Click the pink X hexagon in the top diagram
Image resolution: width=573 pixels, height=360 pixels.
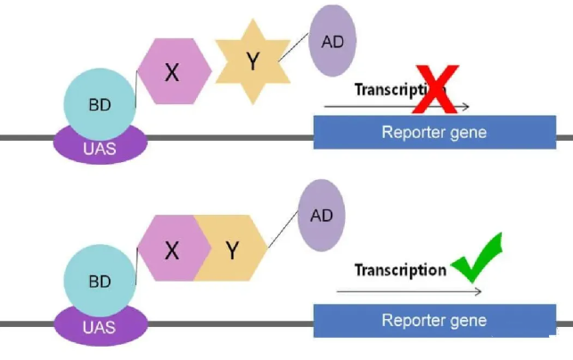173,72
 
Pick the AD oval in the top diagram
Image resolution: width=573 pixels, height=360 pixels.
332,40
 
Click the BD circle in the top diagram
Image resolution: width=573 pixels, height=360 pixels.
100,104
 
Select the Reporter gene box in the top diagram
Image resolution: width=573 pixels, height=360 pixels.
434,134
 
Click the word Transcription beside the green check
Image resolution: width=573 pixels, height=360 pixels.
400,270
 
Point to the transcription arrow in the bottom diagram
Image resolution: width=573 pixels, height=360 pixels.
410,291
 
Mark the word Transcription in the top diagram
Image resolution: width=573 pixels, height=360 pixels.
392,89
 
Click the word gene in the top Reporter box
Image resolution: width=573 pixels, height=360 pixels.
467,134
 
